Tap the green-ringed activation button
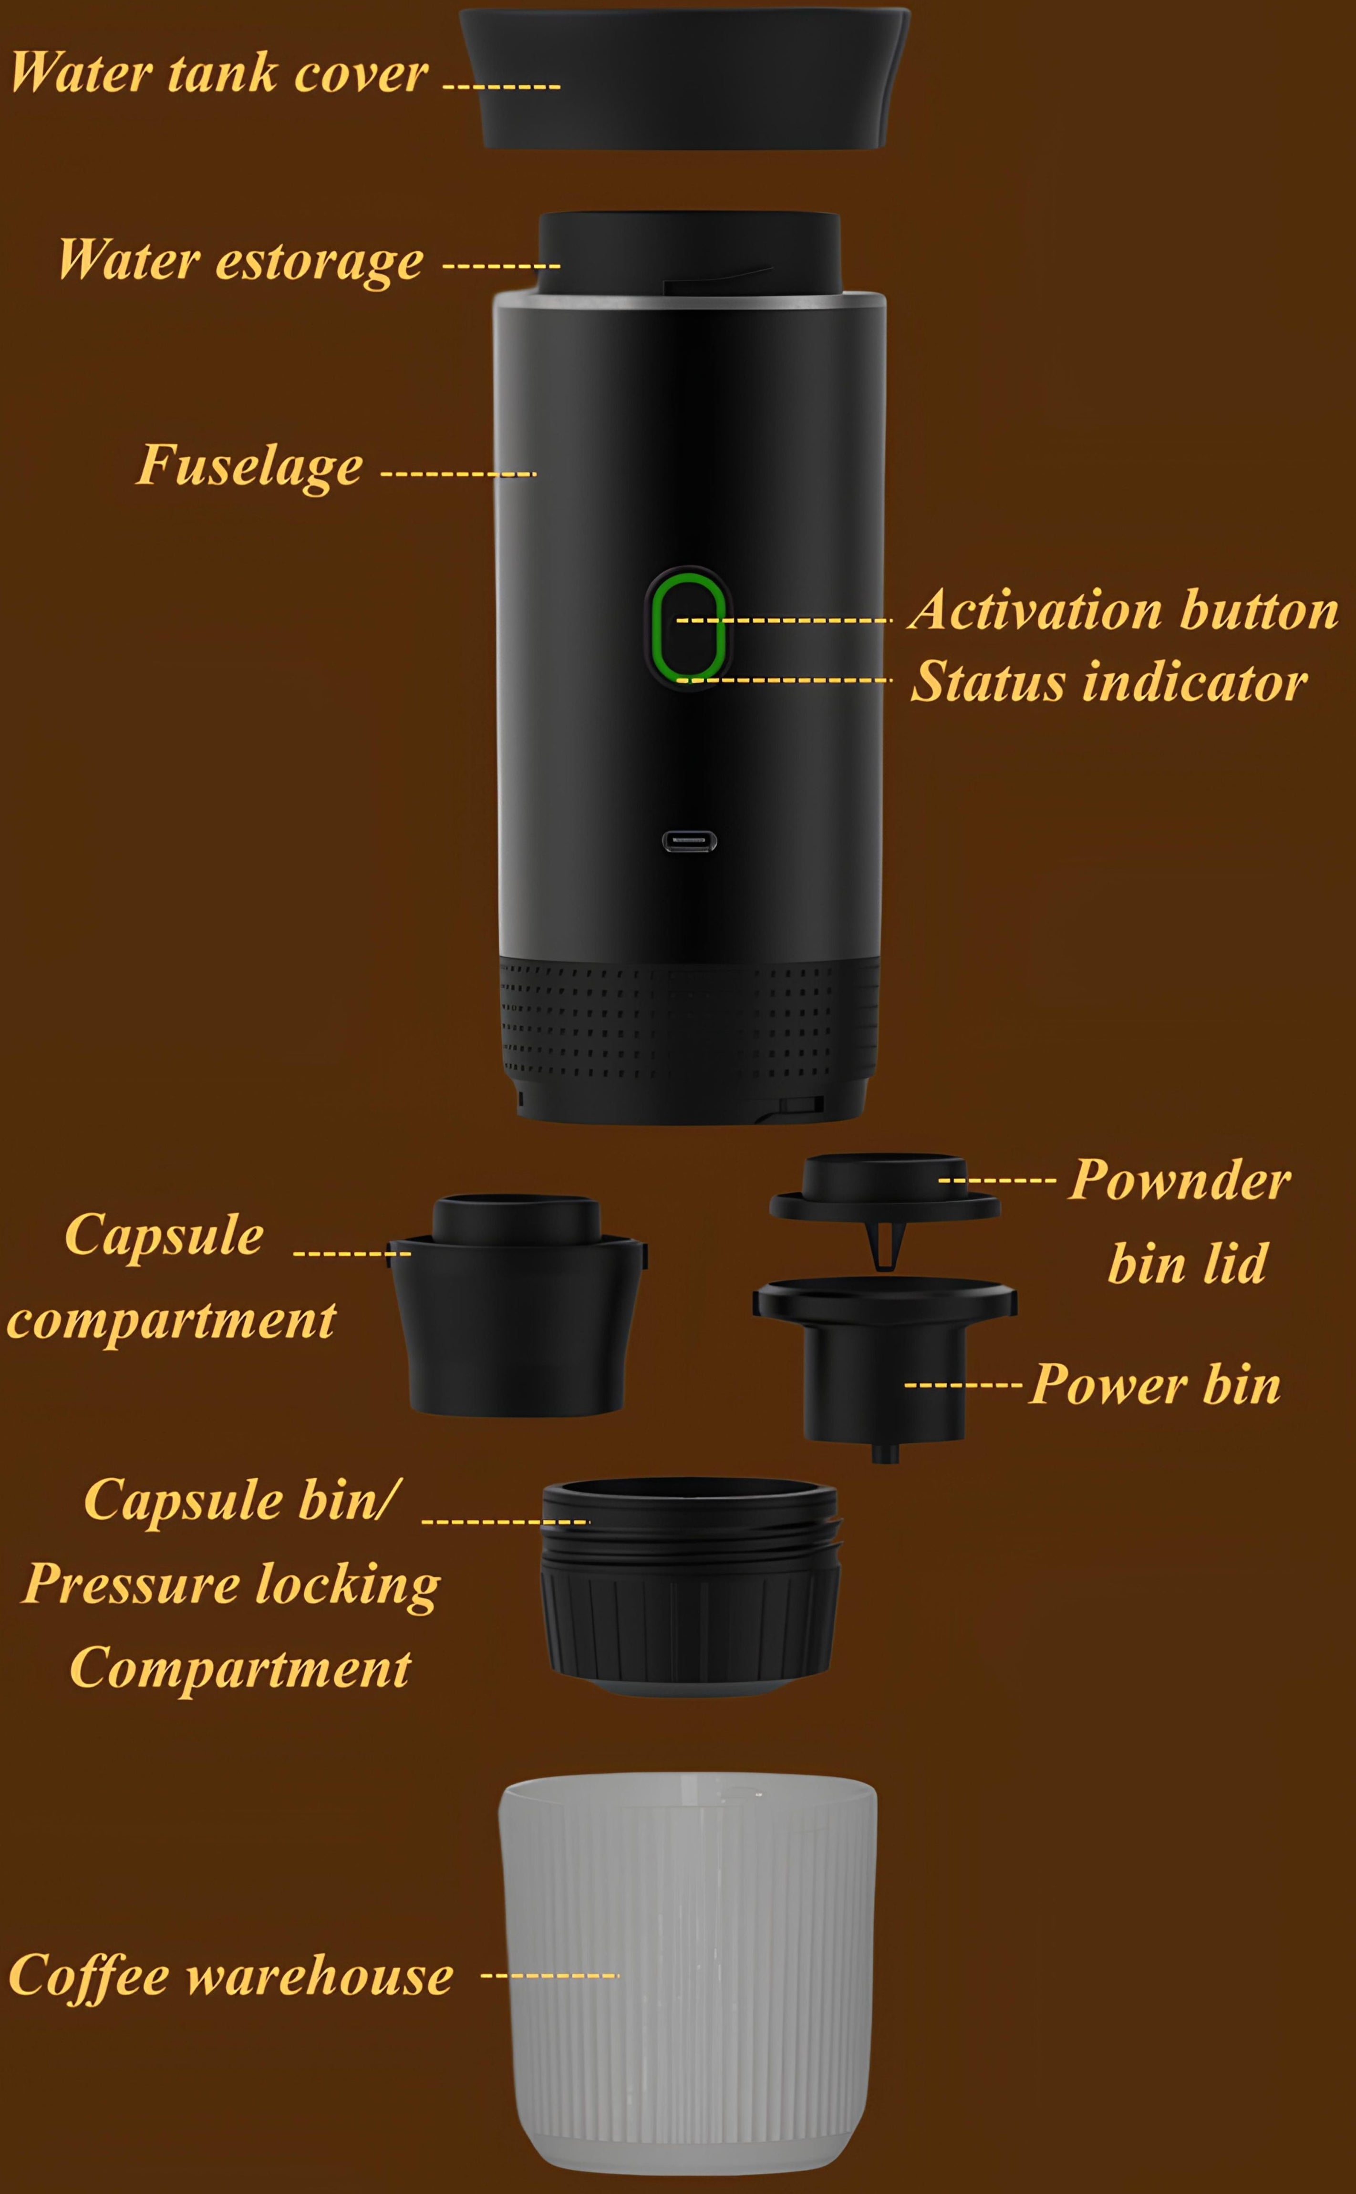point(688,628)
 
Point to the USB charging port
point(690,841)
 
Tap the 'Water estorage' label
point(240,262)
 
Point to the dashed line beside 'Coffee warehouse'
point(550,1975)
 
